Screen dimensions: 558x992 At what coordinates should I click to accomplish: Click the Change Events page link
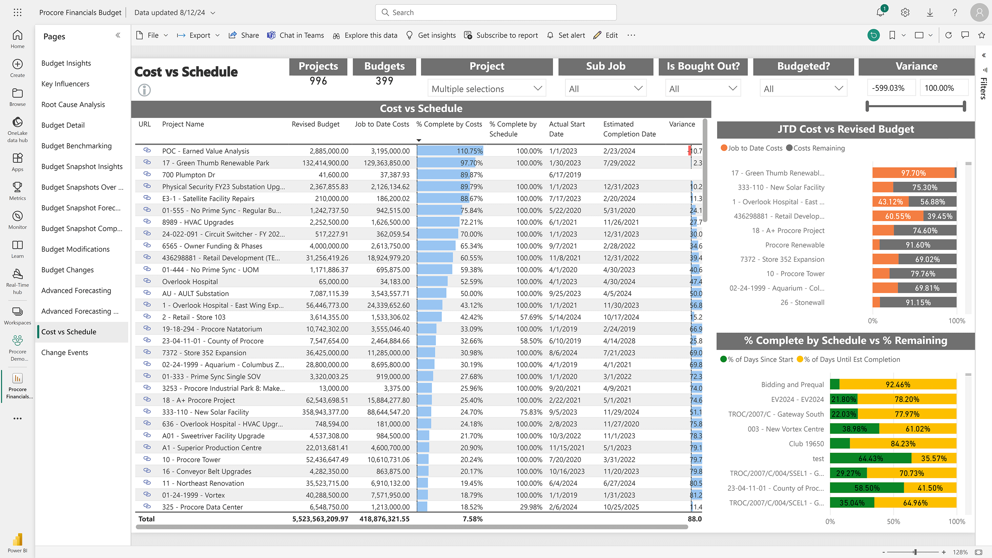65,352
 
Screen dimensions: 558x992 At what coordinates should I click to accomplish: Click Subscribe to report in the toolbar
501,35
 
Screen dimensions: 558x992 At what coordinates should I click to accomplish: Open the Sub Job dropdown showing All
605,89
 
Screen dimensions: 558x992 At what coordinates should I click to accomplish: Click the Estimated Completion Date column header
629,129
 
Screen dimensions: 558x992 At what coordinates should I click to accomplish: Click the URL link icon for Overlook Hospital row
147,281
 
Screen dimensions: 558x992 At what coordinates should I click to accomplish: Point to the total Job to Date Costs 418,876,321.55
384,519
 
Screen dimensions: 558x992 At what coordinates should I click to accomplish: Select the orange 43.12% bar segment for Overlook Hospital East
890,202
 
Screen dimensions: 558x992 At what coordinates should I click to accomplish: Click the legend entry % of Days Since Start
757,360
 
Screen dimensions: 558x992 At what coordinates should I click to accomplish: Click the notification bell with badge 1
880,12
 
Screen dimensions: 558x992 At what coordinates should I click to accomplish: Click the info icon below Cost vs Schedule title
144,90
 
